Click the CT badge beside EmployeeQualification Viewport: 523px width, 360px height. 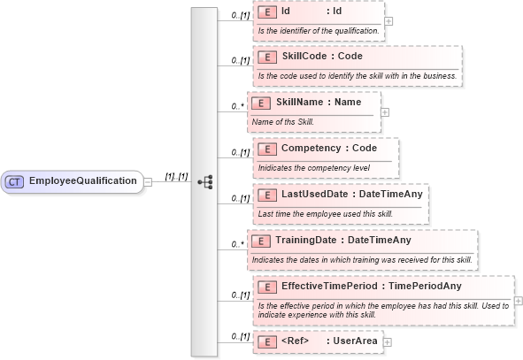(x=15, y=181)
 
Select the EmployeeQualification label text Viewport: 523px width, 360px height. (x=83, y=181)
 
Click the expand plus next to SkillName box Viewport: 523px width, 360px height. (x=385, y=111)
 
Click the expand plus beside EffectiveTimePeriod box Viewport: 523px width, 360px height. (x=518, y=300)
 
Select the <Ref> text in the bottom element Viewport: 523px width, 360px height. (x=296, y=341)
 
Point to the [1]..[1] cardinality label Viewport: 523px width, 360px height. (x=177, y=177)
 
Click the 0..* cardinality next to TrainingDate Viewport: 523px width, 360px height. (x=237, y=244)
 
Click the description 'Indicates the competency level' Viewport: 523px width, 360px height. (x=313, y=167)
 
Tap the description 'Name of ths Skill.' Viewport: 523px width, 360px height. (x=283, y=121)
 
